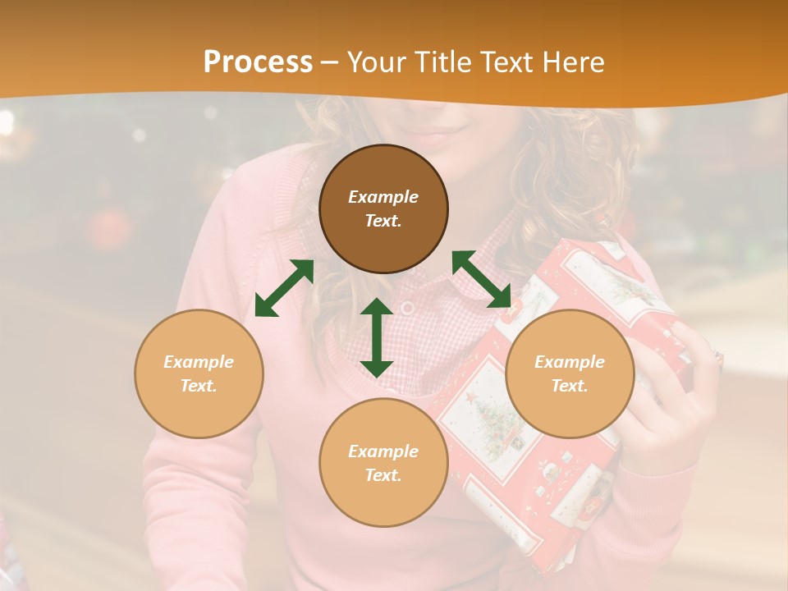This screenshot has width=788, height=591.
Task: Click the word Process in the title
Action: [x=258, y=62]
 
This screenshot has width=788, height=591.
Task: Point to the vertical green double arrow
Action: [x=377, y=337]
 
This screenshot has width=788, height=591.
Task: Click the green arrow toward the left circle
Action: [x=284, y=288]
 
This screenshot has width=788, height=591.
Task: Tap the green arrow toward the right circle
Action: [x=482, y=279]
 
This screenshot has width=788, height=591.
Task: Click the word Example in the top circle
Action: [x=383, y=197]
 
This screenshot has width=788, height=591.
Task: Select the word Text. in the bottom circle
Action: [x=383, y=475]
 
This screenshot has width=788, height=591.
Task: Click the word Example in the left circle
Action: [x=199, y=362]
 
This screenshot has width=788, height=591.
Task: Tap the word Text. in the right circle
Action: [x=570, y=386]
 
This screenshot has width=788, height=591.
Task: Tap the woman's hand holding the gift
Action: [x=673, y=402]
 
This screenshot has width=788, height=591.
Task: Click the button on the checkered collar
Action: [x=408, y=307]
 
